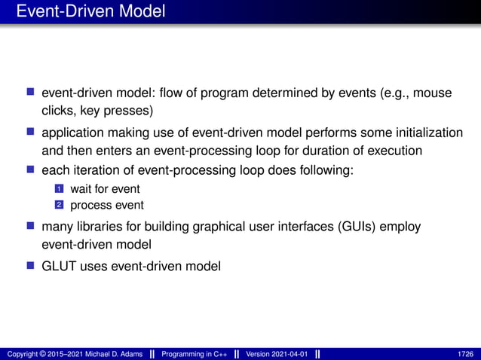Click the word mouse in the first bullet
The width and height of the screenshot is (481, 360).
pos(433,93)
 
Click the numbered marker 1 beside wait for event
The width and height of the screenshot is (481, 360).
pos(62,189)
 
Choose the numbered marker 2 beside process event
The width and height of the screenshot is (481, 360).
pos(62,205)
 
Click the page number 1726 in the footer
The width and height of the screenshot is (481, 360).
pos(465,354)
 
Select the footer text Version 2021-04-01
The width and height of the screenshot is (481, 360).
pos(277,354)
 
